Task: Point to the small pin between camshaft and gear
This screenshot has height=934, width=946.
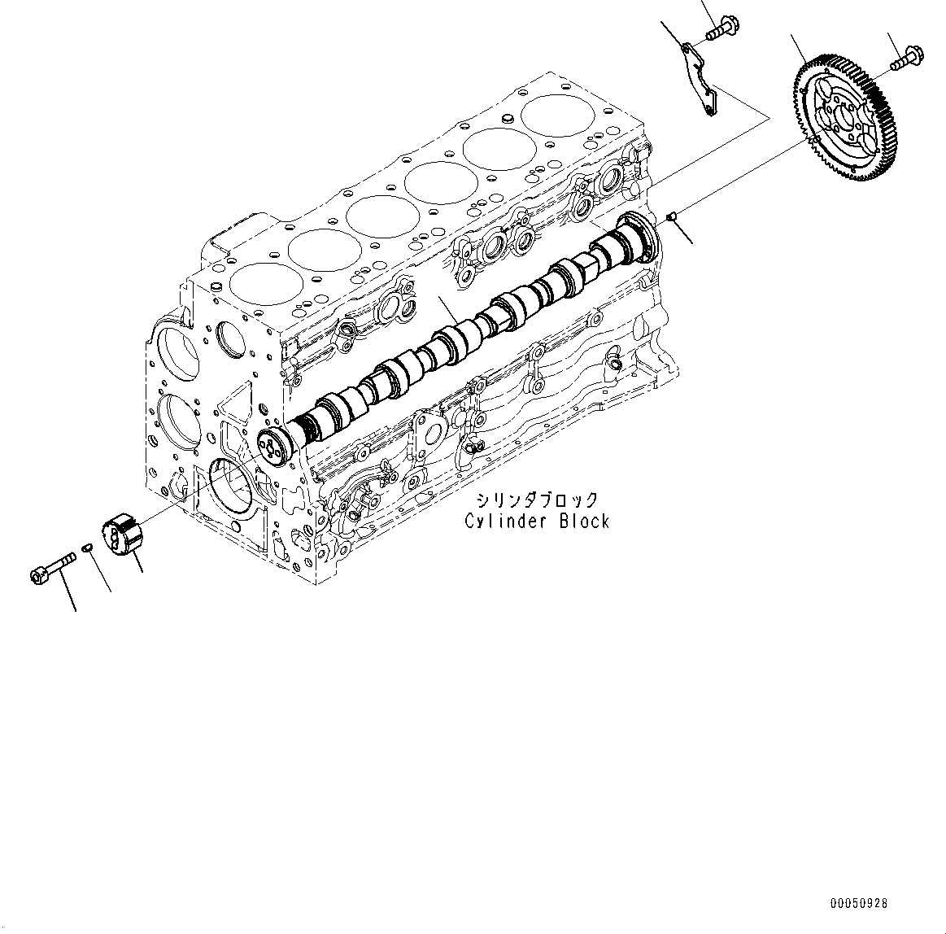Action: pyautogui.click(x=672, y=216)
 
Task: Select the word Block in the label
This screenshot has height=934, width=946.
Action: pyautogui.click(x=583, y=522)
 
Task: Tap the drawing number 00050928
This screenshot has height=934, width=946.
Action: pyautogui.click(x=859, y=903)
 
